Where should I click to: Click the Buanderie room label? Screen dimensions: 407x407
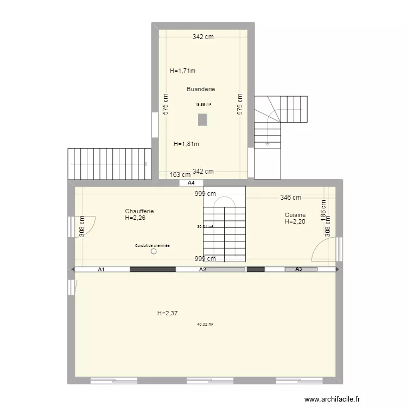pyautogui.click(x=201, y=89)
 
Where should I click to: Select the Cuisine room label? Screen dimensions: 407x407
pyautogui.click(x=295, y=215)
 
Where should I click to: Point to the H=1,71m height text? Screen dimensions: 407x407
pyautogui.click(x=182, y=71)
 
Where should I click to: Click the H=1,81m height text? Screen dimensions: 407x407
pyautogui.click(x=186, y=144)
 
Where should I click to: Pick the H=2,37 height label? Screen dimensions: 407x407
pyautogui.click(x=168, y=313)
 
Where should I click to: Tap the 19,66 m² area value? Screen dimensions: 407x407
pyautogui.click(x=203, y=104)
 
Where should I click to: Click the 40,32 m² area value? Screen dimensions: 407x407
pyautogui.click(x=205, y=324)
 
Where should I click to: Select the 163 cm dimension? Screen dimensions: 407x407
pyautogui.click(x=180, y=175)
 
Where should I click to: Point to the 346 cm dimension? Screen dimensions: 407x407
pyautogui.click(x=290, y=198)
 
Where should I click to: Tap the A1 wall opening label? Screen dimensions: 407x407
pyautogui.click(x=101, y=269)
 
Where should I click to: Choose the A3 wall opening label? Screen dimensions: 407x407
pyautogui.click(x=298, y=269)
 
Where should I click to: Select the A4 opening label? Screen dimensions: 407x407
pyautogui.click(x=191, y=183)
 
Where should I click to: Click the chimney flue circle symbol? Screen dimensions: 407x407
pyautogui.click(x=154, y=251)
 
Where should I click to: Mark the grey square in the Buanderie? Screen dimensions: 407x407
pyautogui.click(x=202, y=119)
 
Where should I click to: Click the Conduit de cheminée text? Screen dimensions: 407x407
pyautogui.click(x=152, y=246)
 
